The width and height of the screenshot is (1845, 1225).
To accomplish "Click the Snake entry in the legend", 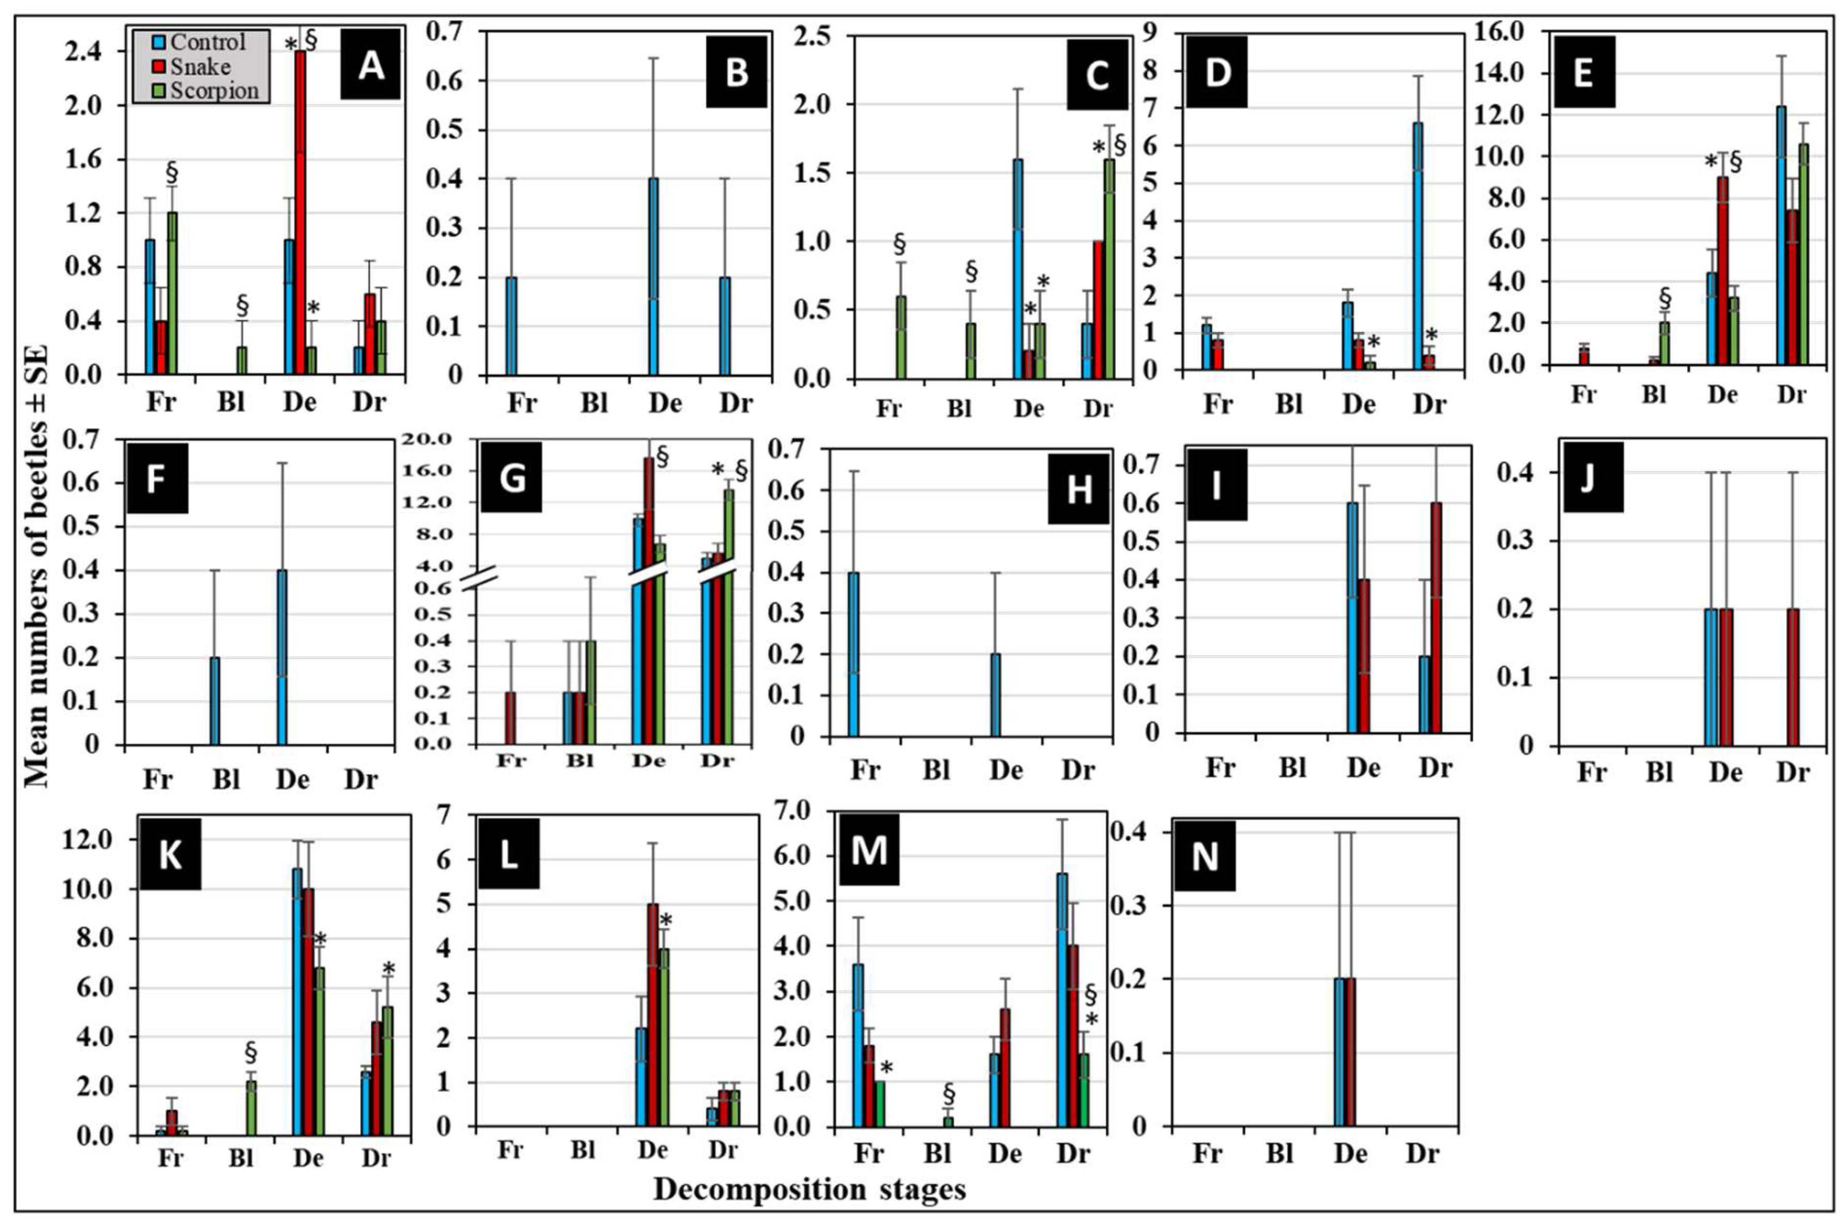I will tap(200, 66).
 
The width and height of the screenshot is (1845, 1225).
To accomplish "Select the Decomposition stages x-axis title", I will tap(809, 1189).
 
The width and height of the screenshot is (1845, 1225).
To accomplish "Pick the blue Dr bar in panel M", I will tap(1062, 1000).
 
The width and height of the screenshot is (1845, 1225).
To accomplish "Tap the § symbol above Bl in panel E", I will tap(1664, 298).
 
